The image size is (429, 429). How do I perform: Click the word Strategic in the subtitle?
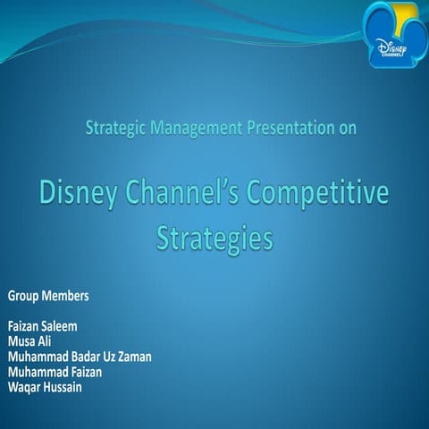click(x=115, y=128)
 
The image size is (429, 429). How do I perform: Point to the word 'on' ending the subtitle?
click(x=348, y=128)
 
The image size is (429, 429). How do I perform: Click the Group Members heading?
click(x=48, y=295)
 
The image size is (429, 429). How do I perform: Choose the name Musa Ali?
click(x=29, y=341)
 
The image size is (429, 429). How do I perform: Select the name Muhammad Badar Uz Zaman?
click(x=80, y=356)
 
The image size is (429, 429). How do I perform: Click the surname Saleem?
click(x=63, y=327)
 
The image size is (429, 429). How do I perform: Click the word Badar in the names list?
click(x=81, y=356)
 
